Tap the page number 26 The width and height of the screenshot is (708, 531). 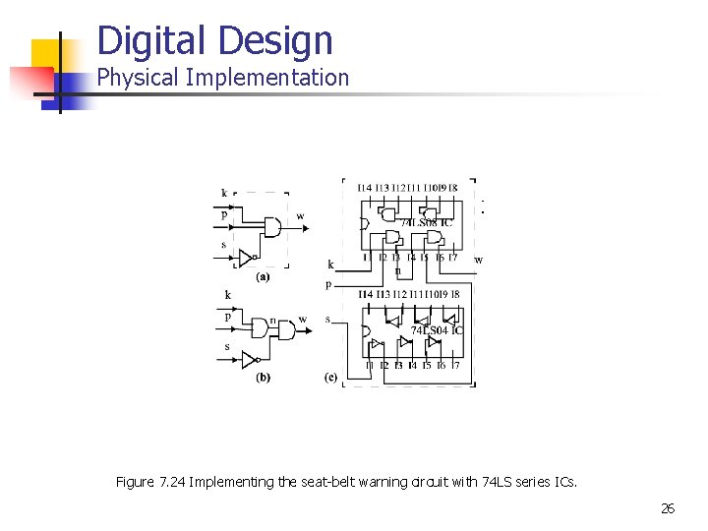point(668,508)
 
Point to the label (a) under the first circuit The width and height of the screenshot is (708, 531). point(263,277)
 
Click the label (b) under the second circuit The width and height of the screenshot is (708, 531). point(263,377)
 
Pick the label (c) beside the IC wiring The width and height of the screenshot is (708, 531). point(330,377)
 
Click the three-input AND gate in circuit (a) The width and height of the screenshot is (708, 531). point(267,225)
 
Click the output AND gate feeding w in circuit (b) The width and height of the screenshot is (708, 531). point(286,330)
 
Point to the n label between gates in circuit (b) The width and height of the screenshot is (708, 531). point(272,319)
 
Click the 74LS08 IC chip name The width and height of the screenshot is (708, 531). point(425,222)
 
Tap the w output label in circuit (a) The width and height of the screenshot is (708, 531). point(300,216)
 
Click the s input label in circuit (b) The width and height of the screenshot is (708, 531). point(226,346)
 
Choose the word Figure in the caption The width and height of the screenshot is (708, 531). point(135,482)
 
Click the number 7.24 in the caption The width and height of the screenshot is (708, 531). point(173,482)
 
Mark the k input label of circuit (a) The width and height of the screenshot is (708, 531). point(224,193)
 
